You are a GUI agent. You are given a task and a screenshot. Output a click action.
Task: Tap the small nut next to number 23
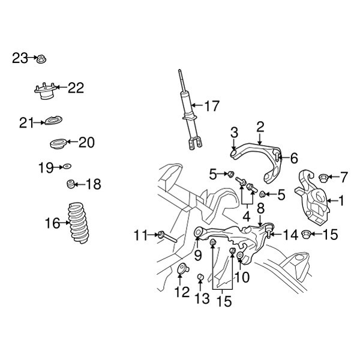pyautogui.click(x=41, y=59)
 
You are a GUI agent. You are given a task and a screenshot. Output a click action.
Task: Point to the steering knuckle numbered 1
pyautogui.click(x=313, y=197)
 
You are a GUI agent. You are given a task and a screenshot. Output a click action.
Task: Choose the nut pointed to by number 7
pyautogui.click(x=322, y=177)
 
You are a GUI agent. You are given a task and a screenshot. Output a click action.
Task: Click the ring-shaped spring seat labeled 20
pyautogui.click(x=56, y=144)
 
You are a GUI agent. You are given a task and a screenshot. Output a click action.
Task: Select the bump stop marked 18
pyautogui.click(x=71, y=184)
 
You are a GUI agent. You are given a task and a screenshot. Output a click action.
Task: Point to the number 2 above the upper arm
pyautogui.click(x=260, y=127)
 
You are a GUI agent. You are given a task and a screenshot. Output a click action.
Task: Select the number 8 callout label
pyautogui.click(x=260, y=209)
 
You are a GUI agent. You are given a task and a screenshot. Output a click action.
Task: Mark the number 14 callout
pyautogui.click(x=290, y=235)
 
